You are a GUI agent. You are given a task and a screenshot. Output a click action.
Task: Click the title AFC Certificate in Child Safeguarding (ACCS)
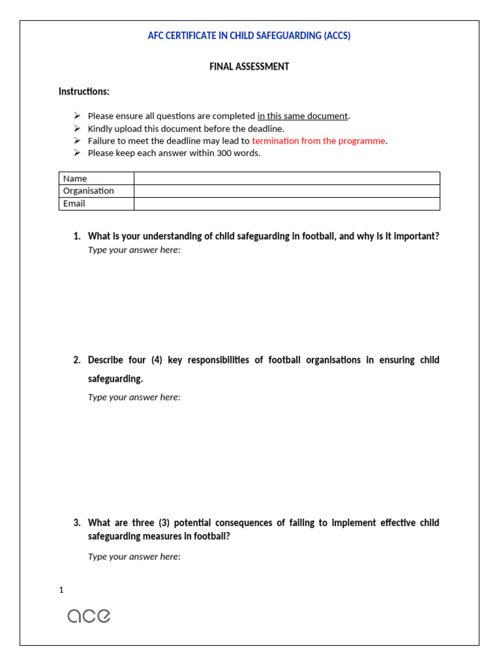click(x=249, y=36)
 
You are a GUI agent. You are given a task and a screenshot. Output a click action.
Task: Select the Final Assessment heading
click(x=249, y=66)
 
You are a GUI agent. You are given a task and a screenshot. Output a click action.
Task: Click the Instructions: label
click(x=84, y=91)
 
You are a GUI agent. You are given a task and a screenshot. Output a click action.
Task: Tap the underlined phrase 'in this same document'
click(x=302, y=116)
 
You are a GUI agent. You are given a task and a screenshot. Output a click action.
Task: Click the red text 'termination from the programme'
click(x=318, y=140)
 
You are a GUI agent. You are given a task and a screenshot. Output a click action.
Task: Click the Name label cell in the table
click(x=75, y=178)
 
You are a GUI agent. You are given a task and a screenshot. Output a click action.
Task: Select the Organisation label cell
click(x=88, y=191)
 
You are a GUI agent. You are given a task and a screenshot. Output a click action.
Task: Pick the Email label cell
click(x=74, y=204)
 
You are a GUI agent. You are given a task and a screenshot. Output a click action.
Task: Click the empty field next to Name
click(x=287, y=178)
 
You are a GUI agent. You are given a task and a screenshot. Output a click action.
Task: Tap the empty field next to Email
click(x=287, y=204)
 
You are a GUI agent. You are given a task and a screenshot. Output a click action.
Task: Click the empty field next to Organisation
click(x=287, y=191)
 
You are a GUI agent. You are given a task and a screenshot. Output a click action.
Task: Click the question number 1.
click(x=77, y=236)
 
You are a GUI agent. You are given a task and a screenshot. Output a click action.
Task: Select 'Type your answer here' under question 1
click(x=133, y=250)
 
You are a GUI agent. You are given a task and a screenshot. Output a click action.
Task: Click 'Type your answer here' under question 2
click(x=133, y=397)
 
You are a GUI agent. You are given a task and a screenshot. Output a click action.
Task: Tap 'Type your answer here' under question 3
click(x=133, y=556)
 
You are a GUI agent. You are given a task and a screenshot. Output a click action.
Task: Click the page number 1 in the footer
click(x=61, y=590)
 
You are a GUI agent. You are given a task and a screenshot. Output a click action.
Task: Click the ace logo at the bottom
click(x=89, y=615)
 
